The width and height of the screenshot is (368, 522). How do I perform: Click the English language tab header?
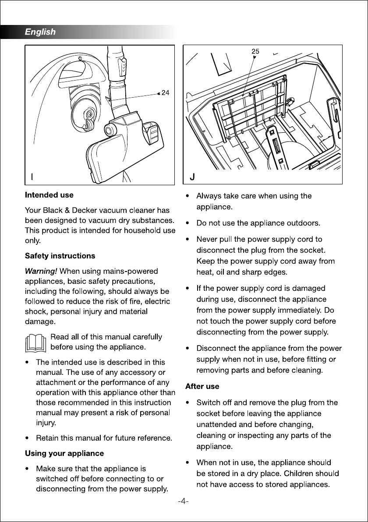point(40,32)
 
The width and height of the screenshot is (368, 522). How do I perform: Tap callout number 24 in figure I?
point(165,93)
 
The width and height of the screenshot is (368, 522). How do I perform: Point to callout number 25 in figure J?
point(255,51)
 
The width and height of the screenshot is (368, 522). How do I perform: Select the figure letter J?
point(192,177)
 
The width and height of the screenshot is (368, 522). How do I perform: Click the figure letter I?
point(32,177)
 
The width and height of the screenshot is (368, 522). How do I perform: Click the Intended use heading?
point(49,195)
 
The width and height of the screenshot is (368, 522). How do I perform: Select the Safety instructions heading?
point(60,256)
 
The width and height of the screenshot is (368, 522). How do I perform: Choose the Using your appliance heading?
point(64,453)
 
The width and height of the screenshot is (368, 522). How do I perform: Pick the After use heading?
point(202,387)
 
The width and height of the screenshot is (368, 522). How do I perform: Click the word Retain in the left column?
point(48,438)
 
